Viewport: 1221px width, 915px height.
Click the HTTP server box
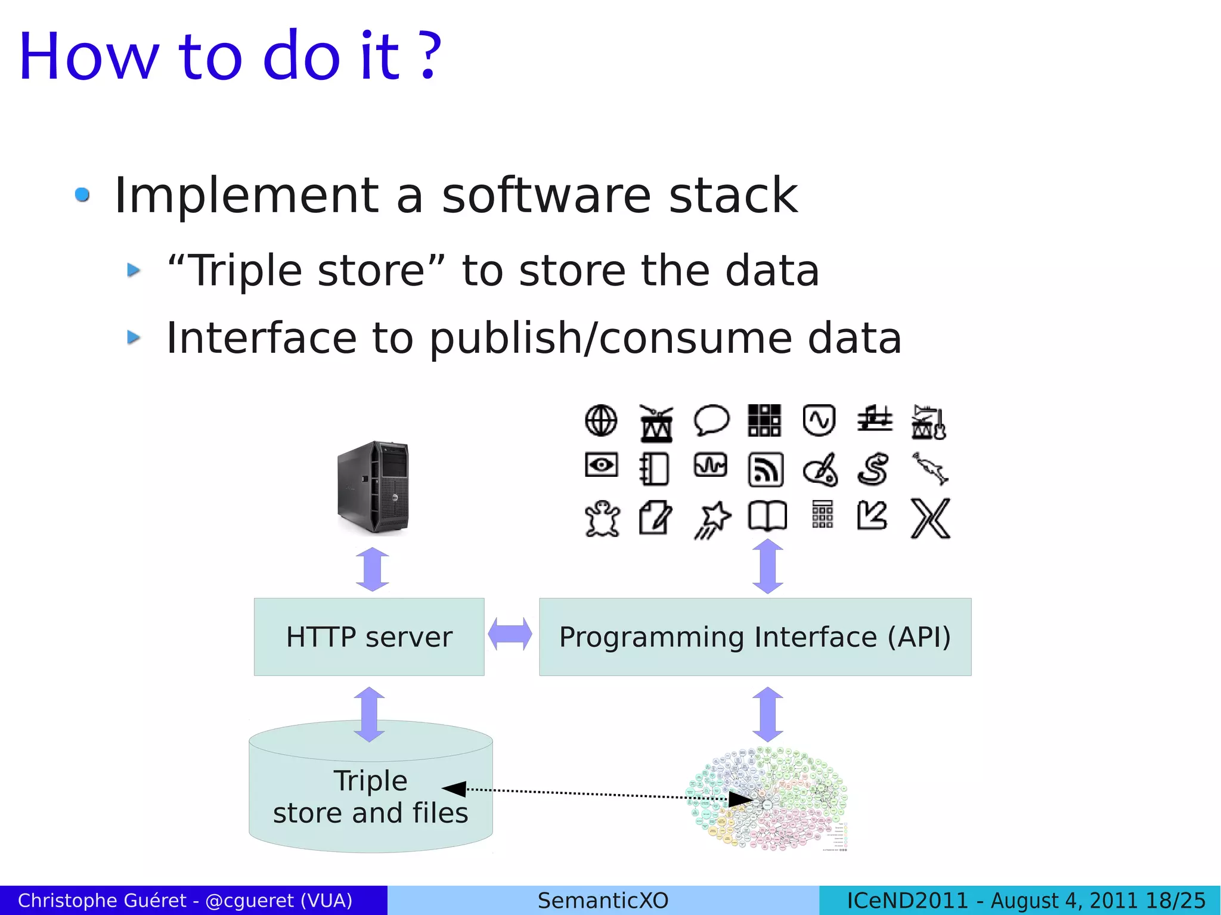point(369,637)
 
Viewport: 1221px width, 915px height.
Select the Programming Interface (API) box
point(755,637)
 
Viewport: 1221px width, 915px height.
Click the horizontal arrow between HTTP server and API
point(510,634)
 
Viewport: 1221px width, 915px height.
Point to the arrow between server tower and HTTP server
point(373,569)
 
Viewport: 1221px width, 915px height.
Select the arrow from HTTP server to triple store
point(369,714)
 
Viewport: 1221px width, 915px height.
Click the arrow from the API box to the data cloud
point(768,714)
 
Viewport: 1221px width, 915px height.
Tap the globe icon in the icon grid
point(601,421)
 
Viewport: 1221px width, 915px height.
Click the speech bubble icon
point(711,420)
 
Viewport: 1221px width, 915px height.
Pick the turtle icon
point(602,517)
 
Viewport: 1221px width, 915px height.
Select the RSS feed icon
point(766,470)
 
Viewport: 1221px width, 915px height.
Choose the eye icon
point(601,465)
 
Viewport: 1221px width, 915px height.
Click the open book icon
point(767,516)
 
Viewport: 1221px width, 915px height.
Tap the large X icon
point(931,519)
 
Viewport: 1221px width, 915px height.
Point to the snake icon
point(874,469)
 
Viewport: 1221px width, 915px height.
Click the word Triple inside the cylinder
point(370,781)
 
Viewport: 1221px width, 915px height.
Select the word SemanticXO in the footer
point(603,900)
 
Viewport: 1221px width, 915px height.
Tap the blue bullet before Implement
point(82,195)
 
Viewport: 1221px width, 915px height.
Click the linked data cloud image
point(768,799)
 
